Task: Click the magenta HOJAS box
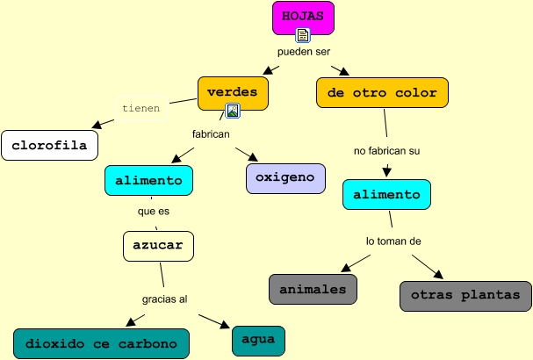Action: point(303,17)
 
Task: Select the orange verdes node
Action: point(232,91)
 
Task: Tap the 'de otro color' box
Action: point(382,92)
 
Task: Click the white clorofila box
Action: point(49,145)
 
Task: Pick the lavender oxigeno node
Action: point(285,177)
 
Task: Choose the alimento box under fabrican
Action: point(148,179)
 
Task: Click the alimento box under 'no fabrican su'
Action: point(386,194)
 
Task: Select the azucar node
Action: point(158,245)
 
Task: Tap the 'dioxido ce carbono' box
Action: point(102,342)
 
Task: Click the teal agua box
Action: point(258,340)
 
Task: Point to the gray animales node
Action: point(313,289)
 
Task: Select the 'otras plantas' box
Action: point(465,295)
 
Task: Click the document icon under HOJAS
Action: point(303,35)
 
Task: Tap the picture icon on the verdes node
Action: point(233,111)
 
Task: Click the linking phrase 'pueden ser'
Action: point(305,52)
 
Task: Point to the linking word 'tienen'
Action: point(141,109)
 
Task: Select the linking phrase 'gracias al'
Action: point(164,299)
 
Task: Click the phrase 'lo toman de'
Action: point(394,241)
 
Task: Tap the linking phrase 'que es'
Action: point(153,212)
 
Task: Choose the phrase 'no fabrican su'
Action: point(387,151)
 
